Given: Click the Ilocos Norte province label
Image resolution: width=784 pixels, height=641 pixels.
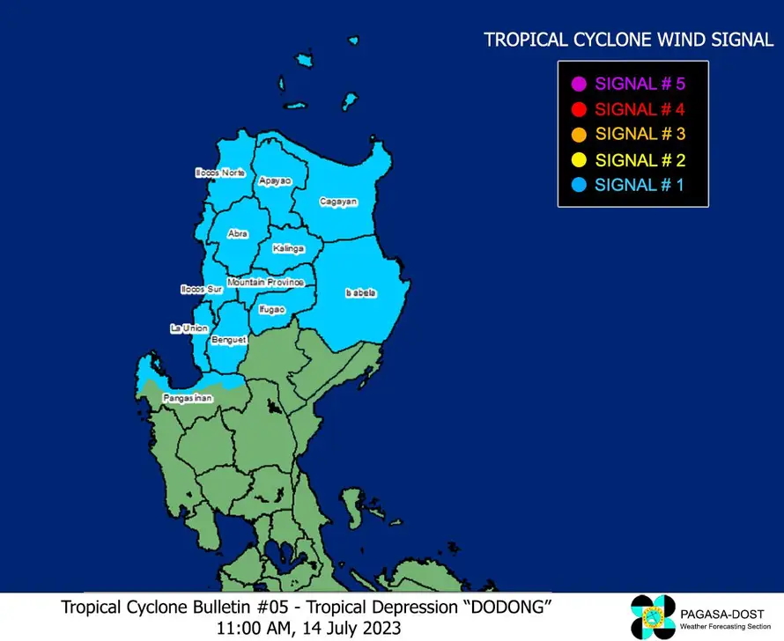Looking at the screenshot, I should click(x=219, y=173).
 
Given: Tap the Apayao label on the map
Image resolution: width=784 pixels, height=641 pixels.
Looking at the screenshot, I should click(x=275, y=181).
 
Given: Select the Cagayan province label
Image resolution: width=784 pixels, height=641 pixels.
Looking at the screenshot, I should click(x=338, y=202).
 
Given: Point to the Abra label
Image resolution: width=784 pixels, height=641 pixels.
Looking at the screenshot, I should click(x=238, y=233).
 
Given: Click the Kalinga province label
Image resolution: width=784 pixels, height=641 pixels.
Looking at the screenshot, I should click(x=288, y=249).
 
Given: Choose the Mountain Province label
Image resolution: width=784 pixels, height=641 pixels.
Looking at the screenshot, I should click(x=265, y=282).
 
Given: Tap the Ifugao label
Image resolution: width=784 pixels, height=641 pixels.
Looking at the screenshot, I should click(x=271, y=309).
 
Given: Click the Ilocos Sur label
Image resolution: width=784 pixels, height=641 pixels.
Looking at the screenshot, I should click(x=201, y=289).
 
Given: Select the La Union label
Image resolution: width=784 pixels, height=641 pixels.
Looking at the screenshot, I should click(x=189, y=328).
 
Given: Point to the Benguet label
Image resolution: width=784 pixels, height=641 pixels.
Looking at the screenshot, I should click(x=228, y=339).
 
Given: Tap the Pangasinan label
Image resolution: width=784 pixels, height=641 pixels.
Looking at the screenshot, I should click(x=188, y=399).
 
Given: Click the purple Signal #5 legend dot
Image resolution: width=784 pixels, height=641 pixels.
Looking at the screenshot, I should click(x=579, y=85).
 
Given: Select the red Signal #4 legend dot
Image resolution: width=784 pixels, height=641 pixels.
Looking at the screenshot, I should click(x=579, y=110).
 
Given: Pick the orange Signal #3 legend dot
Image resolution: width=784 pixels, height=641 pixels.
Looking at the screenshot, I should click(x=579, y=135).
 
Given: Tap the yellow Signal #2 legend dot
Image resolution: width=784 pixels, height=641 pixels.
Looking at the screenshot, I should click(x=579, y=160).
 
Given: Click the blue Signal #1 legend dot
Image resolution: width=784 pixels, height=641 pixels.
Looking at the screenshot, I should click(x=579, y=185).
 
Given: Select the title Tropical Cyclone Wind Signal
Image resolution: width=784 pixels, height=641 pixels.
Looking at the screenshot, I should click(x=629, y=40).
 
